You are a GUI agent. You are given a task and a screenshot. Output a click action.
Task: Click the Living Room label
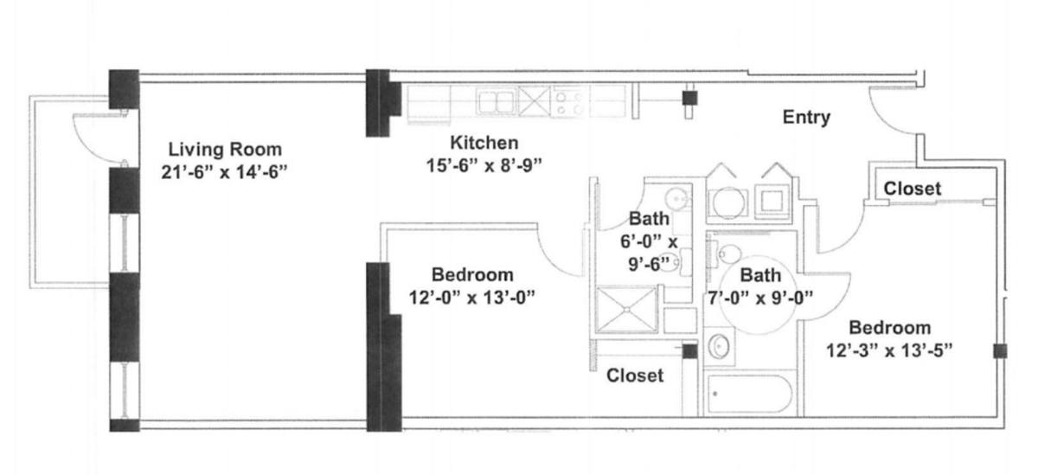[225, 149]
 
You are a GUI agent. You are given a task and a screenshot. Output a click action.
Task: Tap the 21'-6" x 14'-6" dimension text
[224, 172]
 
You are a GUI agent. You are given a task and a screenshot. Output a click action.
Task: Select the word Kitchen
[484, 143]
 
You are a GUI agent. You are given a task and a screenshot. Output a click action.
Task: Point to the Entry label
[806, 118]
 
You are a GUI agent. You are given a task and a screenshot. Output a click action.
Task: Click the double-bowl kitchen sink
[497, 101]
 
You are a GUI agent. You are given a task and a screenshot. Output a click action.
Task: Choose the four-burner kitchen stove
[569, 102]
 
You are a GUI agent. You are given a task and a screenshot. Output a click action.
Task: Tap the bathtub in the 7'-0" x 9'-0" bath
[750, 394]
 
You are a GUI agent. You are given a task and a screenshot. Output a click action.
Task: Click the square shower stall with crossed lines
[626, 309]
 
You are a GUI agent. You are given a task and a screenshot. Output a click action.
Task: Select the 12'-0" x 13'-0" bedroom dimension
[471, 298]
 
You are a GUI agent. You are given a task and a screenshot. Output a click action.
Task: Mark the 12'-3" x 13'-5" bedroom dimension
[890, 350]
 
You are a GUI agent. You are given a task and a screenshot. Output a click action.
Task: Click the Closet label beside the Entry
[912, 189]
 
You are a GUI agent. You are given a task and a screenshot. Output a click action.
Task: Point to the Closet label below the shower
[635, 376]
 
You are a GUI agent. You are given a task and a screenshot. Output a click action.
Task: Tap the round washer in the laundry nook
[728, 202]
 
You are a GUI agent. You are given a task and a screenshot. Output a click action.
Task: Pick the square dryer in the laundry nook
[772, 201]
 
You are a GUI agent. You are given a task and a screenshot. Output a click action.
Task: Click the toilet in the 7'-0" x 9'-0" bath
[727, 254]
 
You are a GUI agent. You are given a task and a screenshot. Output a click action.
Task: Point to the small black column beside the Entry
[689, 98]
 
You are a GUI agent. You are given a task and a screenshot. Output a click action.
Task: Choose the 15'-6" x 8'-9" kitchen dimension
[484, 165]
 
